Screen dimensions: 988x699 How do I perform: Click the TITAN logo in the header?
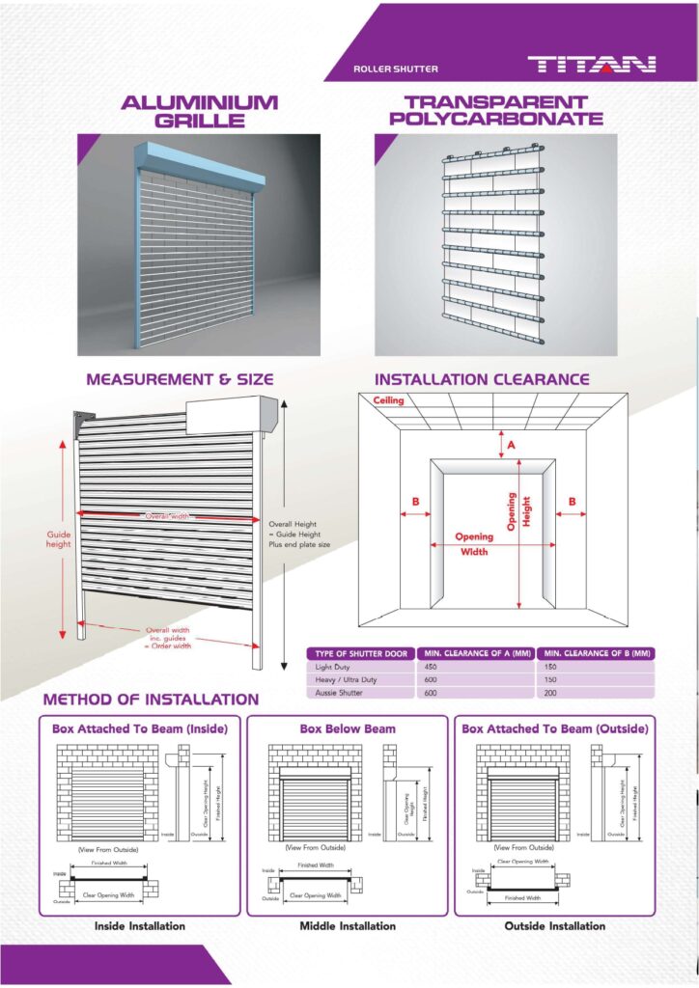point(591,66)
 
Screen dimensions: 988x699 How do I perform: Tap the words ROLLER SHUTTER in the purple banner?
point(396,69)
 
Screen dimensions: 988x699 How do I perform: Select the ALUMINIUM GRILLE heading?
point(199,111)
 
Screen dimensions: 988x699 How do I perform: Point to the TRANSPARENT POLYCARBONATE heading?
point(495,111)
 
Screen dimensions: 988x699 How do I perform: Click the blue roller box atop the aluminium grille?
point(198,165)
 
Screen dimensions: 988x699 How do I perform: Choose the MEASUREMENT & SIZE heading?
point(180,379)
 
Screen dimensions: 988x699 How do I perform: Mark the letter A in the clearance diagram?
point(511,445)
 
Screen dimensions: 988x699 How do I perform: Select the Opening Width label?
point(473,544)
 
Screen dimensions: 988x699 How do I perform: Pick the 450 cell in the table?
point(433,667)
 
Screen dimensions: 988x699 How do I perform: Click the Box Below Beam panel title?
point(348,729)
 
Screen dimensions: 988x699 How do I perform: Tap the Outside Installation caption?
point(555,926)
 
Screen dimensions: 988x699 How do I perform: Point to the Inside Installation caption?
point(140,926)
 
